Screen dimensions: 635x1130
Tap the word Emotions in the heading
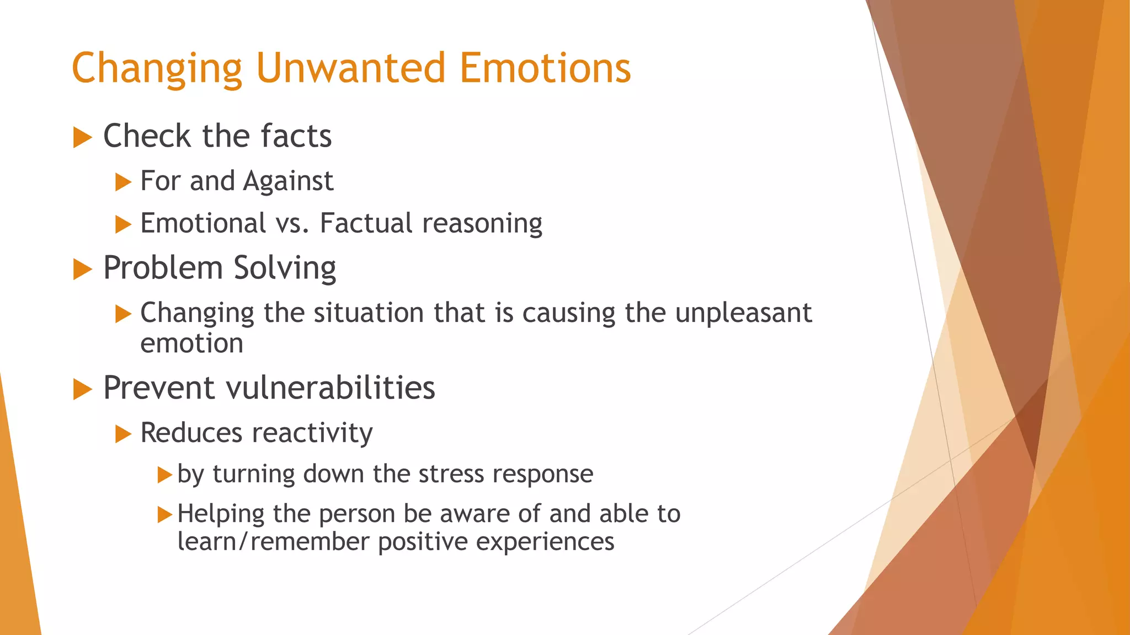(x=545, y=68)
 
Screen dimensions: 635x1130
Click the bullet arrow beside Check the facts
(x=82, y=137)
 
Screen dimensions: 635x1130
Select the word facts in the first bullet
(x=296, y=136)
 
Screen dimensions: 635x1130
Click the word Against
(x=288, y=181)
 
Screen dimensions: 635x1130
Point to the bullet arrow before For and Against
(x=123, y=182)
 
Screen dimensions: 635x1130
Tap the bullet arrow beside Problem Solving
(x=82, y=270)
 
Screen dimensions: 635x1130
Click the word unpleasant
(x=743, y=313)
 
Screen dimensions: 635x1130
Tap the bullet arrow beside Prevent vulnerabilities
(x=82, y=389)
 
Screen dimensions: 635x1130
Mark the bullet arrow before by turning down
(x=164, y=475)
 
